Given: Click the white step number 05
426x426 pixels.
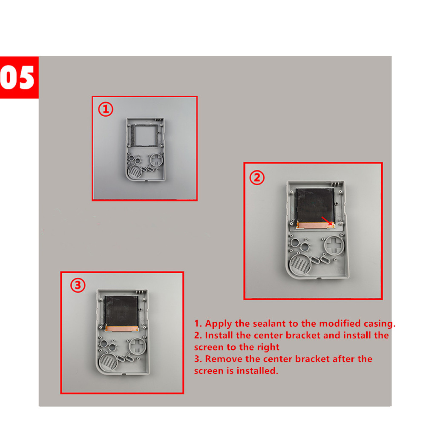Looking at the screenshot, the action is pyautogui.click(x=17, y=77).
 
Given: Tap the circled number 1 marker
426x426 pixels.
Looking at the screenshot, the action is pyautogui.click(x=106, y=109).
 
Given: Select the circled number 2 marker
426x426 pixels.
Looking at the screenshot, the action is pyautogui.click(x=257, y=178).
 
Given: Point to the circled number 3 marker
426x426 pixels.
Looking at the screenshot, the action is pyautogui.click(x=78, y=285).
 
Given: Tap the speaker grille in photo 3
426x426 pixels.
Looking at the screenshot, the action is pyautogui.click(x=108, y=361).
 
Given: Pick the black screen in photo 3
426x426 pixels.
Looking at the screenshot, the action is pyautogui.click(x=122, y=311).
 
